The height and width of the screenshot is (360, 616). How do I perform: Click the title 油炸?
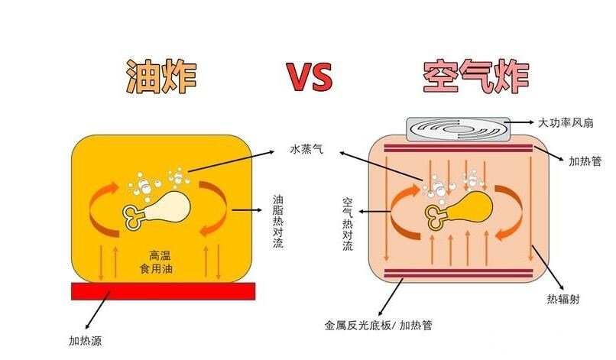(x=163, y=76)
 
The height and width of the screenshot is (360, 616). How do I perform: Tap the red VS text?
(x=310, y=77)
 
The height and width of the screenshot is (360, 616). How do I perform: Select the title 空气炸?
(x=476, y=76)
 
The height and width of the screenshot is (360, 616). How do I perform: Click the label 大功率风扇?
(x=571, y=122)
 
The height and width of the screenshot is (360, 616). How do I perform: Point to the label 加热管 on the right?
(x=585, y=161)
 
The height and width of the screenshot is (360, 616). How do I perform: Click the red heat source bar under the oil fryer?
(x=163, y=290)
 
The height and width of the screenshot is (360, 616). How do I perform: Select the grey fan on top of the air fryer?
(x=456, y=128)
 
